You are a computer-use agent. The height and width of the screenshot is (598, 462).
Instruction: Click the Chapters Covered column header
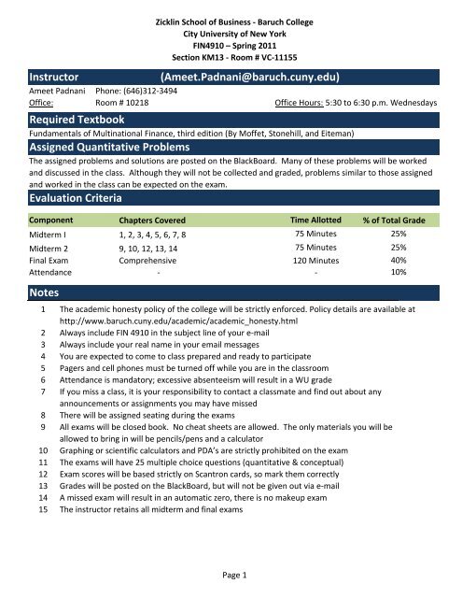coord(143,221)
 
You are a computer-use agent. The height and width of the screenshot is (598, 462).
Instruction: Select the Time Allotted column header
coord(316,221)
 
